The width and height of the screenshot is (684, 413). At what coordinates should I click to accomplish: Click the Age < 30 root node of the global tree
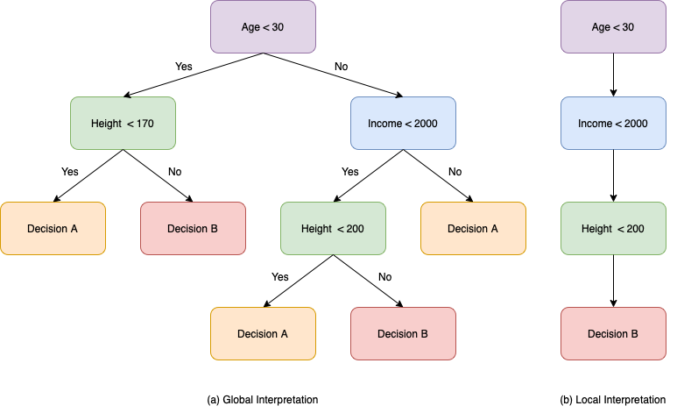click(x=263, y=26)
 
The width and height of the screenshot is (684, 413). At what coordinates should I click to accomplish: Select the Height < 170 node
click(x=123, y=123)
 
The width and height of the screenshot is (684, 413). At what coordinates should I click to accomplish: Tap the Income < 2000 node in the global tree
click(x=403, y=123)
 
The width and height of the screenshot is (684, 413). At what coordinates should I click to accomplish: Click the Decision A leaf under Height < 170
click(x=53, y=228)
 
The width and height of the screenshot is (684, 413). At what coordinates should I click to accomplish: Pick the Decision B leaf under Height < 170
click(x=193, y=228)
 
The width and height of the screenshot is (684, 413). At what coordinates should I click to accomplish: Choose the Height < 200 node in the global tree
click(x=333, y=228)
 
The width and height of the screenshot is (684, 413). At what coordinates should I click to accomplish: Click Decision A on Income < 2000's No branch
click(x=473, y=228)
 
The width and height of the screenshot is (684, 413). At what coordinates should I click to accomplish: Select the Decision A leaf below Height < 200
click(x=263, y=333)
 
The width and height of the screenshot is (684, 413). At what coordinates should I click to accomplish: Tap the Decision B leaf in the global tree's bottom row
click(x=403, y=333)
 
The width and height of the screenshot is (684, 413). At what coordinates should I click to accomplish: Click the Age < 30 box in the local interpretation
click(x=613, y=26)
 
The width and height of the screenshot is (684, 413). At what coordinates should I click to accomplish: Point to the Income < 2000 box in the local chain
click(x=613, y=123)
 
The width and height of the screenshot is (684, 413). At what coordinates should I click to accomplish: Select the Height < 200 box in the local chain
click(x=613, y=228)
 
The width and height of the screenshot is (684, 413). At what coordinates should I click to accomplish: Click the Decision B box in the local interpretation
click(x=613, y=333)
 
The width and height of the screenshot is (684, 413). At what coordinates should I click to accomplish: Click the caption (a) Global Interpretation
click(x=263, y=399)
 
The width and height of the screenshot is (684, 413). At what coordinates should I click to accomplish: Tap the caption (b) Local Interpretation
click(x=612, y=399)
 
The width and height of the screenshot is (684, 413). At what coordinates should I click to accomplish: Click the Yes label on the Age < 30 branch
click(x=184, y=67)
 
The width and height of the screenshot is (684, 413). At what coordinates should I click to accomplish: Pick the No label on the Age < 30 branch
click(x=341, y=67)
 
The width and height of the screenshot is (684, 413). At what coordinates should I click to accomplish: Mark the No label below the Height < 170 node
click(x=174, y=171)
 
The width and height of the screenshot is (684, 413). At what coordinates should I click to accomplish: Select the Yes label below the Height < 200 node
click(x=280, y=276)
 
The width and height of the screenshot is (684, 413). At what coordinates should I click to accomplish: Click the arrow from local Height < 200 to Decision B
click(x=613, y=281)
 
